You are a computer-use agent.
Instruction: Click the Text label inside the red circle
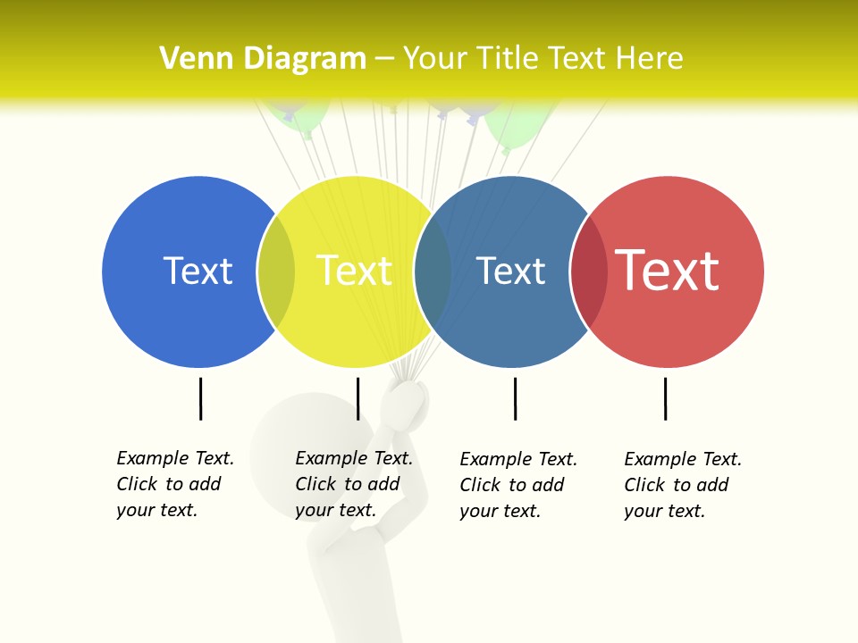coord(668,271)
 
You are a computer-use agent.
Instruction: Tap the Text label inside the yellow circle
coord(354,271)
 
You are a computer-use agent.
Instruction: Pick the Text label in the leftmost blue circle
coord(198,271)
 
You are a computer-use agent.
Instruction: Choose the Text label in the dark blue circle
coord(510,271)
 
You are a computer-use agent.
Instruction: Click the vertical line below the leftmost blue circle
coord(201,398)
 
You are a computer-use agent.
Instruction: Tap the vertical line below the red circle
coord(665,398)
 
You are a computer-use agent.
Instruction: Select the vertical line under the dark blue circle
coord(515,398)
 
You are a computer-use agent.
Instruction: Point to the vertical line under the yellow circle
coord(357,398)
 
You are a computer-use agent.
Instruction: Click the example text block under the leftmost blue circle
coord(174,484)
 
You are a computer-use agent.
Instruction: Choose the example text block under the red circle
coord(682,485)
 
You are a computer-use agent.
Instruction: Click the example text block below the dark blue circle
coord(517,485)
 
